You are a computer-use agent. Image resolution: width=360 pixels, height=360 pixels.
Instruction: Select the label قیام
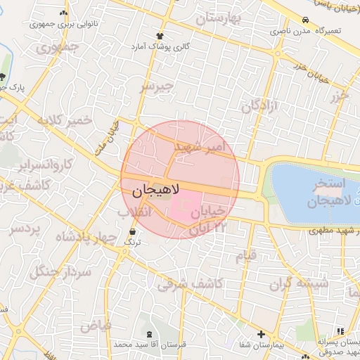pyautogui.click(x=246, y=257)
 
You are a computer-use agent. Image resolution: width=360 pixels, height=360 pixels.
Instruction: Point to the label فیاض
pyautogui.click(x=96, y=326)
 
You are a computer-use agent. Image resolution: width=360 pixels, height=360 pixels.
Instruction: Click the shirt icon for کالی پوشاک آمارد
pyautogui.click(x=160, y=35)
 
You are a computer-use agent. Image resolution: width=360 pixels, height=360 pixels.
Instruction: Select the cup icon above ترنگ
pyautogui.click(x=132, y=231)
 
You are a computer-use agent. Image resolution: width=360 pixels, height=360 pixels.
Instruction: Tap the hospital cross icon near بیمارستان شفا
pyautogui.click(x=261, y=335)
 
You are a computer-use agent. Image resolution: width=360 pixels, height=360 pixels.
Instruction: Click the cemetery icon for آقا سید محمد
pyautogui.click(x=148, y=335)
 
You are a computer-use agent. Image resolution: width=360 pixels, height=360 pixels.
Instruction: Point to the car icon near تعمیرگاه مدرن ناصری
pyautogui.click(x=305, y=20)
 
